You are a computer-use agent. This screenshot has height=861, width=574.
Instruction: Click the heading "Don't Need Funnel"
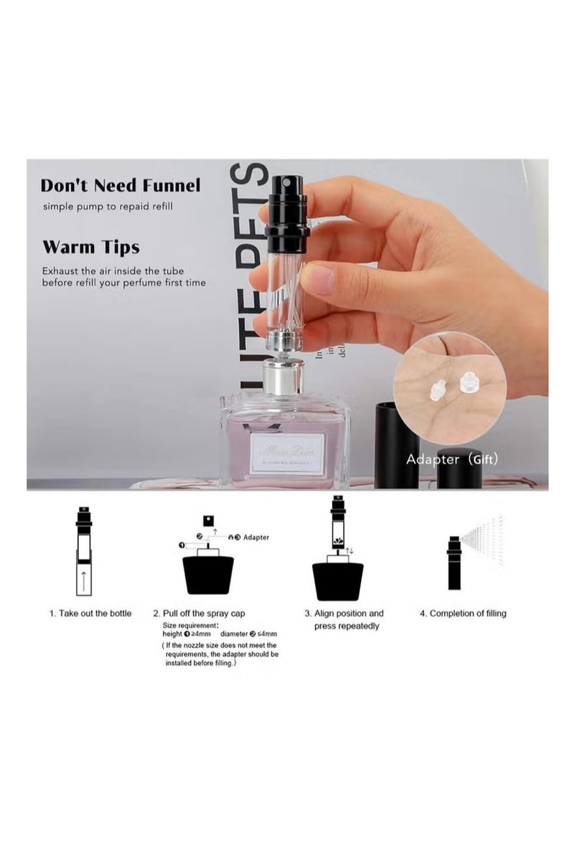pyautogui.click(x=121, y=186)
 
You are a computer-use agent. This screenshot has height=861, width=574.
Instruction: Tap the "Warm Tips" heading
pyautogui.click(x=90, y=248)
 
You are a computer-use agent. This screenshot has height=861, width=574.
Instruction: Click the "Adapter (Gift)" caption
pyautogui.click(x=451, y=459)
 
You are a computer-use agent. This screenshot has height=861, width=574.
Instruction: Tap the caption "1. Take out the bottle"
pyautogui.click(x=90, y=613)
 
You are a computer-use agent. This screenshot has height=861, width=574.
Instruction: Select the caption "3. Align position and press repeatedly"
pyautogui.click(x=347, y=620)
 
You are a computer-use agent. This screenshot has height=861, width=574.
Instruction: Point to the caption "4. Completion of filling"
pyautogui.click(x=463, y=613)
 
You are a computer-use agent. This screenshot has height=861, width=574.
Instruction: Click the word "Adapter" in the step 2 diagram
pyautogui.click(x=256, y=537)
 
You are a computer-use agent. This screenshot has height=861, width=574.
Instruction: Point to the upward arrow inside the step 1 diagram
pyautogui.click(x=84, y=579)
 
